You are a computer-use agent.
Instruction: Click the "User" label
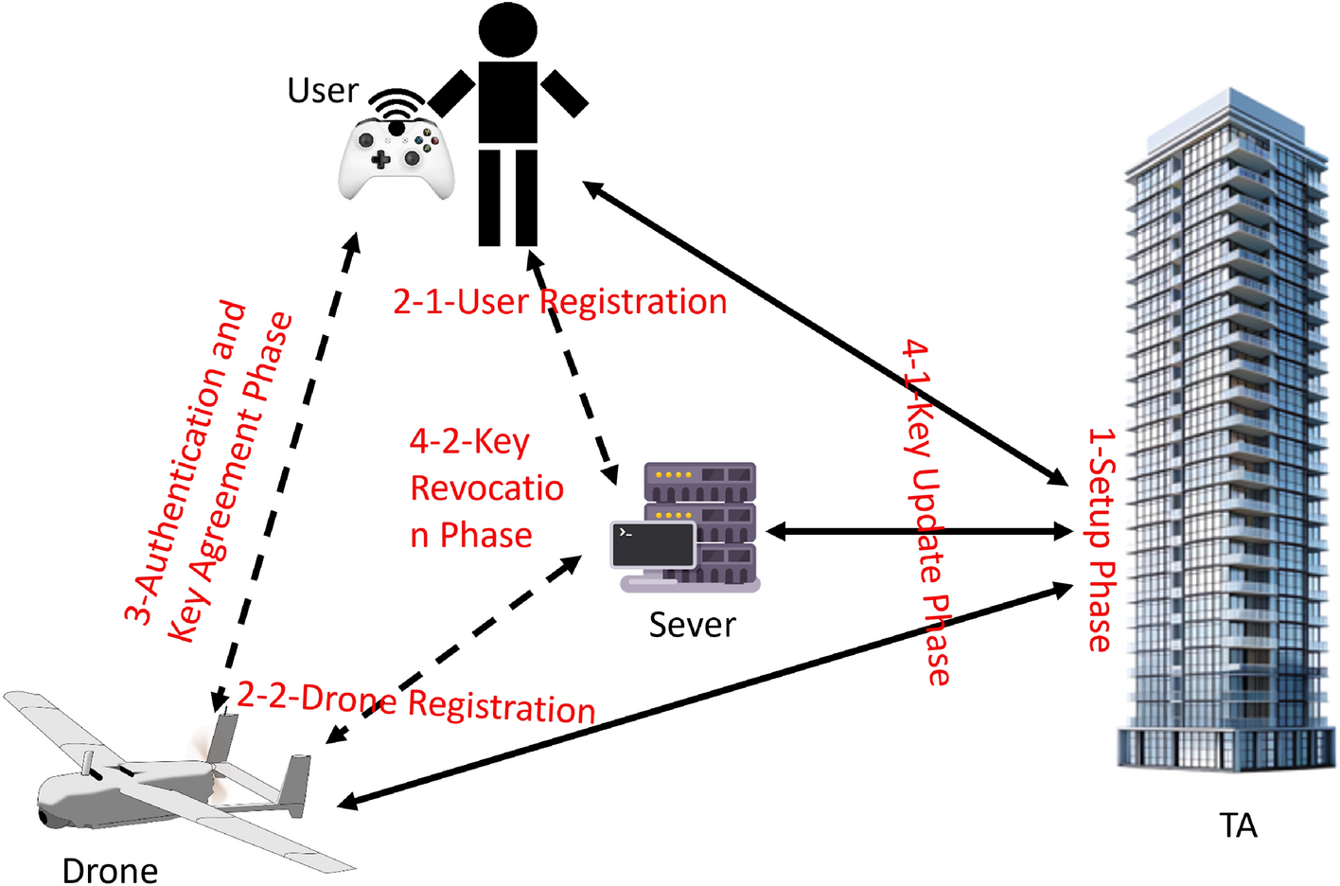tap(323, 91)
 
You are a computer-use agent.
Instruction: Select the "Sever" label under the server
tap(692, 625)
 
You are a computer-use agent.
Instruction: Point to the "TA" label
tap(1238, 825)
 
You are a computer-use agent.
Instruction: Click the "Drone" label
tap(110, 870)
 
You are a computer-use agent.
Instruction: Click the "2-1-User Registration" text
tap(559, 302)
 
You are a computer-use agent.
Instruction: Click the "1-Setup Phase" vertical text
tap(1101, 540)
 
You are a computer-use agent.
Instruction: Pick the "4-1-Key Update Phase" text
tap(926, 511)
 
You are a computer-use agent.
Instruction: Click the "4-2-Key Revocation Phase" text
tap(485, 488)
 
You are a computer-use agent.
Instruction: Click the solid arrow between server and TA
tap(918, 532)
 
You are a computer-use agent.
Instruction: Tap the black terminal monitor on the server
tap(653, 543)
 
